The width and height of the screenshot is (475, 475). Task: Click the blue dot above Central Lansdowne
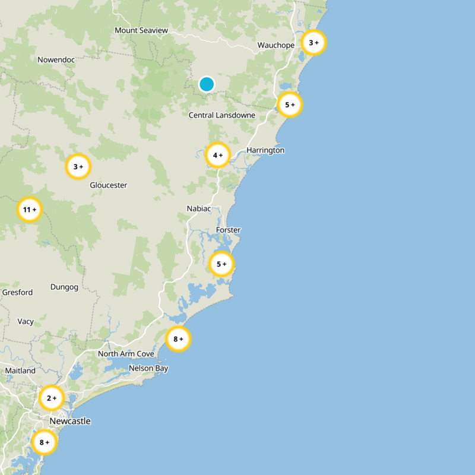click(207, 84)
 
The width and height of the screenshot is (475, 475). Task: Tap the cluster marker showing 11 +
click(29, 210)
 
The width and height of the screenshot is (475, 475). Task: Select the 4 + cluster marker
click(218, 155)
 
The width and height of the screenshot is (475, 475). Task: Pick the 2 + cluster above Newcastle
click(51, 398)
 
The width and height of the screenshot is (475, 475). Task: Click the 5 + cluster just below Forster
click(221, 264)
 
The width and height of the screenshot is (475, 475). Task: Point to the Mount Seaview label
click(141, 30)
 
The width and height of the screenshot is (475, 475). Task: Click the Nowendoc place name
click(55, 60)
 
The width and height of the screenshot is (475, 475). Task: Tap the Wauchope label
click(276, 45)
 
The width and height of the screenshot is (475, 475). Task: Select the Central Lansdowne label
click(222, 115)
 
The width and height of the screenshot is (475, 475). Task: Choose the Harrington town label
click(265, 150)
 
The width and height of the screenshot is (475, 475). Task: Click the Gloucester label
click(109, 185)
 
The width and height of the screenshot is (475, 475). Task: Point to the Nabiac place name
click(199, 208)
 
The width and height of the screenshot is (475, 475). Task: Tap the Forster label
click(229, 230)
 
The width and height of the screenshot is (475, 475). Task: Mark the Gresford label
click(17, 292)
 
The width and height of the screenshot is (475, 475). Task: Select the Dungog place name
click(64, 287)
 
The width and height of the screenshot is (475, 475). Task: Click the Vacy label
click(26, 321)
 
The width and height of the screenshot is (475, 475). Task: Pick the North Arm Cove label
click(126, 354)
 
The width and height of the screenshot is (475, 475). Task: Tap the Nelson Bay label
click(148, 368)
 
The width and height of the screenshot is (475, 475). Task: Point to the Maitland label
click(20, 370)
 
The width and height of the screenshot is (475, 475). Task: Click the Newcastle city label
click(70, 421)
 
